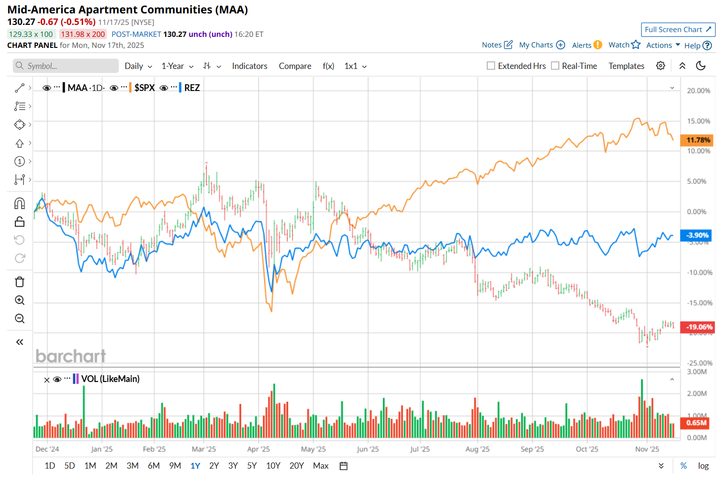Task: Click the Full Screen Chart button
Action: pos(678,30)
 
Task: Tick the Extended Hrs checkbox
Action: pos(491,66)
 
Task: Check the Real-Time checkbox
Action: pos(555,66)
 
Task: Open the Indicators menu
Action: pos(249,66)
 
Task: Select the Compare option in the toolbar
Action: pos(295,66)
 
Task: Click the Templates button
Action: pos(626,66)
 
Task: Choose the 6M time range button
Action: pos(154,466)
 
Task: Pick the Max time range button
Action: pos(321,466)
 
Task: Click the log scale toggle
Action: pos(703,466)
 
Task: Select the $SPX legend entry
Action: pos(144,88)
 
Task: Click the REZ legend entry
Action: pos(192,88)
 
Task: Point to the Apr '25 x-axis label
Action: pos(258,449)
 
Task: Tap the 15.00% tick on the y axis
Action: pos(699,121)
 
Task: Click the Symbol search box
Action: pos(66,66)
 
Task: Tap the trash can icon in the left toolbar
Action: pos(20,282)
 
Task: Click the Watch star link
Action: pos(624,45)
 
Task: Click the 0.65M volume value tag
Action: pos(696,423)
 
